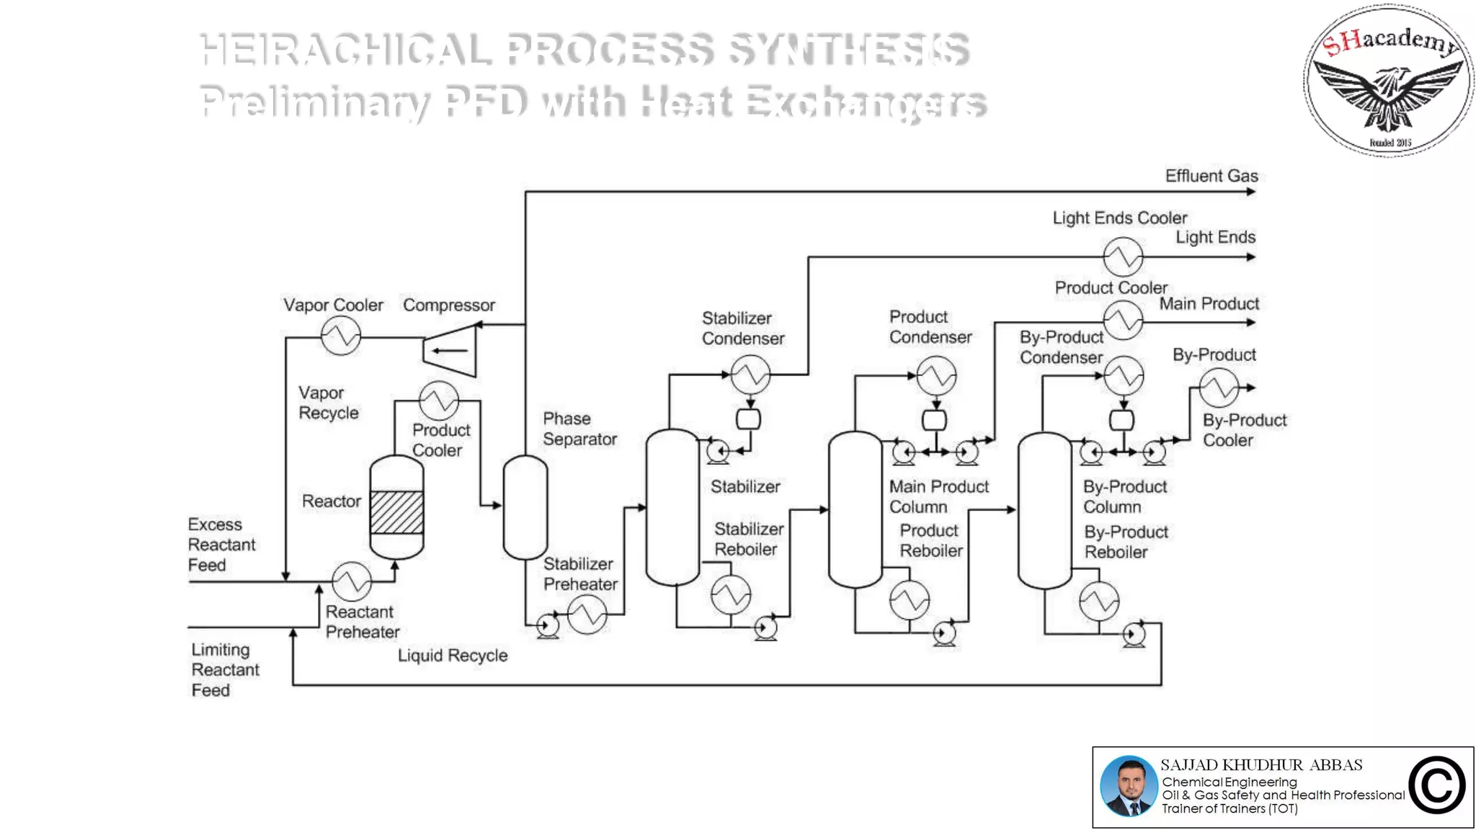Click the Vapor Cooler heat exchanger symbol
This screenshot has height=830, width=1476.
pyautogui.click(x=340, y=336)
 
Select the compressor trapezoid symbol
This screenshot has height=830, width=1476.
pyautogui.click(x=450, y=350)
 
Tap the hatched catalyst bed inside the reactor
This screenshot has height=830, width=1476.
pyautogui.click(x=396, y=512)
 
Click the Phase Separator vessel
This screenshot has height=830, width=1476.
pyautogui.click(x=525, y=507)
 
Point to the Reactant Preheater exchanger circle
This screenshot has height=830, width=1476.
pyautogui.click(x=352, y=581)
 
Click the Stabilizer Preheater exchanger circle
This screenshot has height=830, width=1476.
pyautogui.click(x=587, y=614)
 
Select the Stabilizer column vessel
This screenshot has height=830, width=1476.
pyautogui.click(x=672, y=507)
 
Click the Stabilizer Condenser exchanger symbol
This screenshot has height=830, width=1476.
pyautogui.click(x=750, y=375)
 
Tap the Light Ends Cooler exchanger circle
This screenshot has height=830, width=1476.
pyautogui.click(x=1123, y=256)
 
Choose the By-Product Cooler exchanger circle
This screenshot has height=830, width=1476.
pyautogui.click(x=1219, y=388)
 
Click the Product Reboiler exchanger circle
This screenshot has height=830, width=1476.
pyautogui.click(x=910, y=599)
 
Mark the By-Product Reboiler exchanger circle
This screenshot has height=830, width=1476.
pyautogui.click(x=1099, y=601)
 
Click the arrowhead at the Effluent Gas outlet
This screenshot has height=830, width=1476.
pyautogui.click(x=1251, y=192)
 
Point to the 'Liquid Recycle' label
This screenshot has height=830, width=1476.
pyautogui.click(x=453, y=656)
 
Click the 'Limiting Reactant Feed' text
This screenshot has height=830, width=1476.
pyautogui.click(x=224, y=670)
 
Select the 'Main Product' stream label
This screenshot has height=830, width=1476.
pyautogui.click(x=1209, y=304)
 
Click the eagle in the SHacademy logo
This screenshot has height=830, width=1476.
pyautogui.click(x=1388, y=96)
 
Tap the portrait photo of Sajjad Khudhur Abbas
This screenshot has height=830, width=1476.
pyautogui.click(x=1129, y=787)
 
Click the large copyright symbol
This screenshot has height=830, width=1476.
pyautogui.click(x=1436, y=786)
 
